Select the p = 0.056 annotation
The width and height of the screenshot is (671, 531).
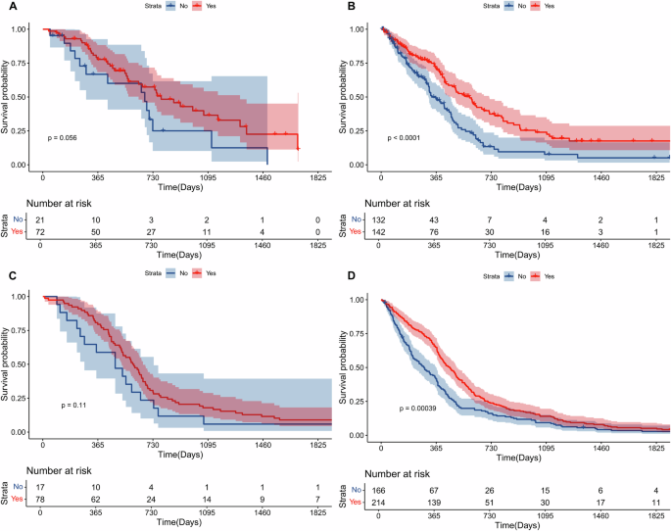point(63,137)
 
